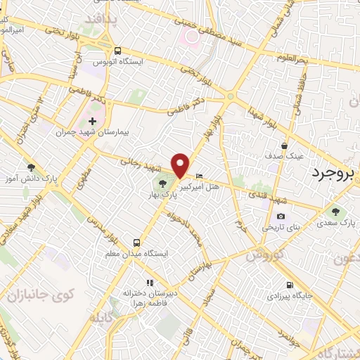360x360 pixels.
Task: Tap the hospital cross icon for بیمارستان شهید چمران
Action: tap(92, 122)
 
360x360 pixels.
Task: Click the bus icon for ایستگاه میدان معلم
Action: tap(136, 244)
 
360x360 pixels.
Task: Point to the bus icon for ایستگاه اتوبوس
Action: tap(117, 51)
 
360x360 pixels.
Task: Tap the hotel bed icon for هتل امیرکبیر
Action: tap(199, 176)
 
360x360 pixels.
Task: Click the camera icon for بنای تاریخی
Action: tap(281, 216)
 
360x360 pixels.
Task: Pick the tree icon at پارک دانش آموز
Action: tap(30, 167)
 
